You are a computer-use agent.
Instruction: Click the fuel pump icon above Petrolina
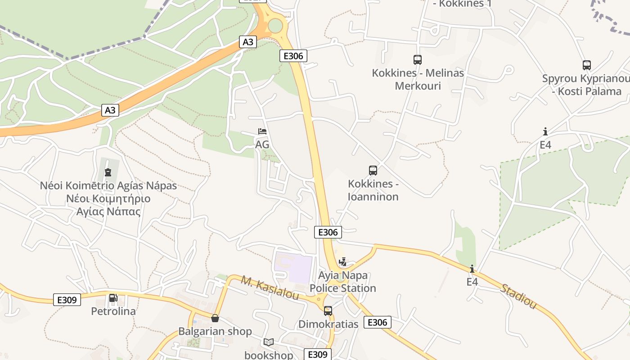point(113,297)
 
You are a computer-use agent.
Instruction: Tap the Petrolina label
point(113,311)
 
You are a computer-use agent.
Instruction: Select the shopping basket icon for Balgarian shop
point(215,318)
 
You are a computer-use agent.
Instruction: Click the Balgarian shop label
point(215,332)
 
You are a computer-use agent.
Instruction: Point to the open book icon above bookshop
point(269,342)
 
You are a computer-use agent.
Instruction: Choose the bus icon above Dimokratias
point(328,310)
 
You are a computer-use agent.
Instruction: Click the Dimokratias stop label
point(328,324)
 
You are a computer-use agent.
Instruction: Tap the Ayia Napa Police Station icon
point(343,262)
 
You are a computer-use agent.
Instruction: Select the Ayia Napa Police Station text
point(343,282)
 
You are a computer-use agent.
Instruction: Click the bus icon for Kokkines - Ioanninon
point(373,171)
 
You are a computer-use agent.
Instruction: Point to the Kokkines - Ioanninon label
point(373,190)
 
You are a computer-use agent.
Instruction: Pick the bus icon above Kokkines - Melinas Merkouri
point(418,59)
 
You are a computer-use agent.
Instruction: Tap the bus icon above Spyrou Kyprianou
point(587,65)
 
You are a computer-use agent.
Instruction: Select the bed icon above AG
point(262,131)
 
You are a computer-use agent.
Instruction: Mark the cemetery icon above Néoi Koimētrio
point(108,172)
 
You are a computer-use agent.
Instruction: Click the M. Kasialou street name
point(270,288)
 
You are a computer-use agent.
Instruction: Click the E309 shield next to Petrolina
point(67,300)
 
